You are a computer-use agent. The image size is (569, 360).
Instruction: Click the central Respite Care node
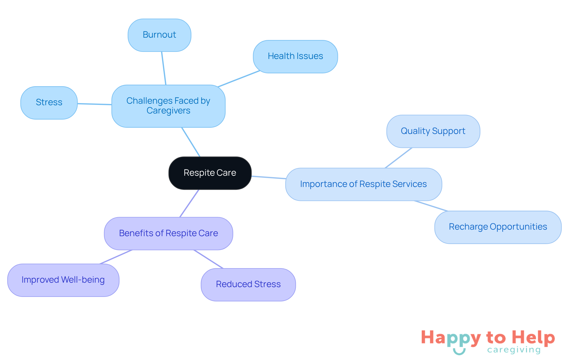coord(210,173)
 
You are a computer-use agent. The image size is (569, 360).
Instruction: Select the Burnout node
coord(159,35)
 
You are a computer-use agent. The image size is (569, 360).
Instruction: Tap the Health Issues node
coord(295,56)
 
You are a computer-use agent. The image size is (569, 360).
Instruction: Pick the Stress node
coord(49,103)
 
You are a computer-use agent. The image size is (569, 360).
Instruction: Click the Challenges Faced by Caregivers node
coord(168,106)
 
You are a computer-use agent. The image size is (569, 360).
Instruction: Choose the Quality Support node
coord(433,131)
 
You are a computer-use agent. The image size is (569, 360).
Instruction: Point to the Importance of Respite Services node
coord(363,184)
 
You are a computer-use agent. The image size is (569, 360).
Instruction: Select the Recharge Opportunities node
coord(498,227)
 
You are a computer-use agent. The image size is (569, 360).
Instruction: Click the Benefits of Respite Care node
coord(168,233)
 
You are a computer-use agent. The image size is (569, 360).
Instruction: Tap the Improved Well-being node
coord(63,280)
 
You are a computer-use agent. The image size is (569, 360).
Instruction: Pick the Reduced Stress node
coord(248,284)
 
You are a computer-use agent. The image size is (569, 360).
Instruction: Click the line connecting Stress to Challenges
coord(95,104)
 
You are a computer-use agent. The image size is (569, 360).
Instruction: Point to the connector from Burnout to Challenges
coord(164,68)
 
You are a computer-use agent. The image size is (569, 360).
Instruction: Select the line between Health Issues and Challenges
coord(239,79)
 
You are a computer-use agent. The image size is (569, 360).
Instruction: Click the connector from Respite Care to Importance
coord(268,177)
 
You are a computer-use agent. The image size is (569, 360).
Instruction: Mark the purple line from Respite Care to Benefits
coord(189,203)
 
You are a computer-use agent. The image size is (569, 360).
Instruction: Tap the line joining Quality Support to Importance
coord(399,158)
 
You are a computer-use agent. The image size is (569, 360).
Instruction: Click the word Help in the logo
coord(533,337)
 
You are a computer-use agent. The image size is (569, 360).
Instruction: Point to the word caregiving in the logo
coord(514,350)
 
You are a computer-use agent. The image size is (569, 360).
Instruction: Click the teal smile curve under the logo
coord(459,352)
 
